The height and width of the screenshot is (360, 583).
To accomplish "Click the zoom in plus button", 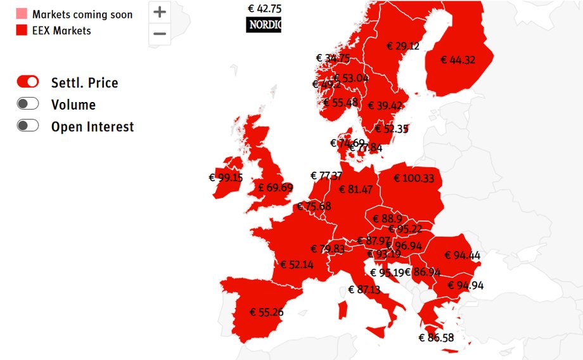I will (160, 12).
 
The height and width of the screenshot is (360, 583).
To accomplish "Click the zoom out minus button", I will (160, 34).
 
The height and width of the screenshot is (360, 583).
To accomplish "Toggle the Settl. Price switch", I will (28, 82).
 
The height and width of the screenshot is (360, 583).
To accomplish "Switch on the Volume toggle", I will (28, 104).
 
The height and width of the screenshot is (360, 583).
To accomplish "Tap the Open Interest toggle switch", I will (28, 125).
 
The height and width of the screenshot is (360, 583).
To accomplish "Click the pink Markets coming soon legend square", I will (22, 14).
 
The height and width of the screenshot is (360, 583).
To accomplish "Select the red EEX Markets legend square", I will (22, 30).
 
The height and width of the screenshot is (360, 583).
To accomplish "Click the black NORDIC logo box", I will (263, 25).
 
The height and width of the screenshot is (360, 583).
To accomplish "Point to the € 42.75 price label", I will (264, 9).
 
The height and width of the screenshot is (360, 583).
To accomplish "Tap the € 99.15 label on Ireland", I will (226, 178).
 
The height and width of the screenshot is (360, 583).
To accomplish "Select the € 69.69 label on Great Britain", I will (276, 188).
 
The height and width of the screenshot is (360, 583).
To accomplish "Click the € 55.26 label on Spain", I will (267, 312).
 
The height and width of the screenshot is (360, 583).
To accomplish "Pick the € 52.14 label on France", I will (297, 264).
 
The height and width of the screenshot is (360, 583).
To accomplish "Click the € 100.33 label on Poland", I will (414, 179).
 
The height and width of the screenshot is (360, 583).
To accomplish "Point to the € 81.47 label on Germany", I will (356, 190).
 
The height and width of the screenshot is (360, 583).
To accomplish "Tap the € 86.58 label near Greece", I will (437, 338).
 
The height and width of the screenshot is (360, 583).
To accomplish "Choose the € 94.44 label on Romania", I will (462, 255).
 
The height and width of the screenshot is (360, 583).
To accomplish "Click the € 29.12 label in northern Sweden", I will (402, 46).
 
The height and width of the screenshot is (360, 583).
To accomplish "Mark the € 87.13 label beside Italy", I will (364, 290).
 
